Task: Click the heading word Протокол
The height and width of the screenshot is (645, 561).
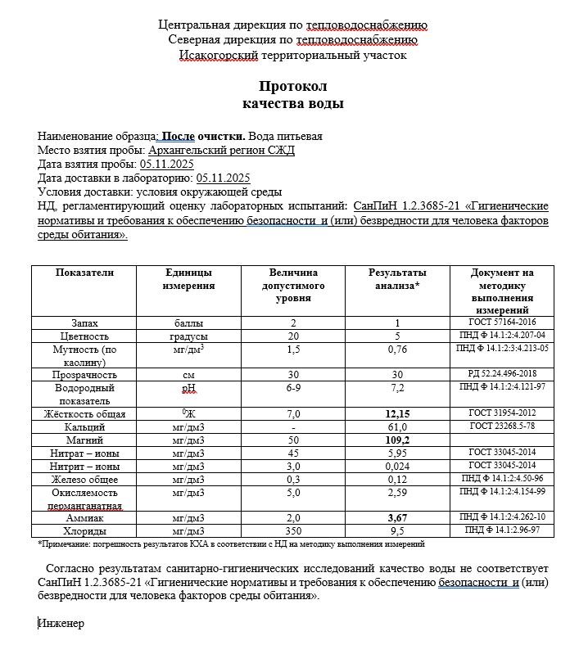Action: click(x=292, y=86)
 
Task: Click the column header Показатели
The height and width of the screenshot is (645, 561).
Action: click(x=84, y=273)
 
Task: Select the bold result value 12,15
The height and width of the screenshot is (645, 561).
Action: click(x=396, y=414)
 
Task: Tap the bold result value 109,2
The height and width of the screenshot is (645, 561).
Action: click(x=396, y=440)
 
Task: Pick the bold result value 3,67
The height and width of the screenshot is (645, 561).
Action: click(x=396, y=518)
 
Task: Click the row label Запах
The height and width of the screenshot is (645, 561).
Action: click(x=84, y=323)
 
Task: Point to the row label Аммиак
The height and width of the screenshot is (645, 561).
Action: click(x=84, y=518)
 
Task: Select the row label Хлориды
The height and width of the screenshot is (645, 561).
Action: click(x=84, y=530)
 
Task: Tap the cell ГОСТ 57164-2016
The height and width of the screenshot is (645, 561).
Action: click(x=502, y=323)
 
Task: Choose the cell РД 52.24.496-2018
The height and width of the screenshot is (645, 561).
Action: click(x=502, y=374)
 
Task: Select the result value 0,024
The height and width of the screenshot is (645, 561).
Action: click(x=396, y=467)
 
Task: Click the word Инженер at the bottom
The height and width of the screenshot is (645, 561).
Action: click(x=61, y=623)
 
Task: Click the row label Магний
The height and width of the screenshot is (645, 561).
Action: click(x=84, y=440)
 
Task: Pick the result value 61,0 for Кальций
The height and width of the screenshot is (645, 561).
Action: click(x=396, y=427)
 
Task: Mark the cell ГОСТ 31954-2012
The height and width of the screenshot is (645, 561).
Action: click(x=502, y=414)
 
